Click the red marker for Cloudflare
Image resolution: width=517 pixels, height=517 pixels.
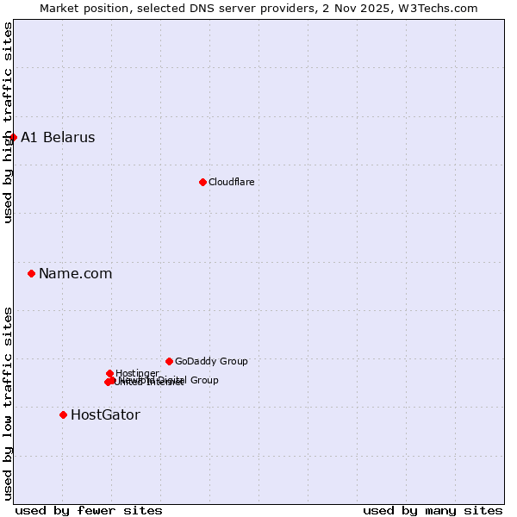[x=202, y=182]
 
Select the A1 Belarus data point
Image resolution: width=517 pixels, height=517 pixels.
[x=13, y=137]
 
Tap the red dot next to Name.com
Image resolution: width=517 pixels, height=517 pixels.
[x=32, y=273]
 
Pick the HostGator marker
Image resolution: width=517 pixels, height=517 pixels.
[x=63, y=414]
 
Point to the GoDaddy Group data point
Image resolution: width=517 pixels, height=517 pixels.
[x=169, y=361]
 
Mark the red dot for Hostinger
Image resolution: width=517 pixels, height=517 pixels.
[x=109, y=373]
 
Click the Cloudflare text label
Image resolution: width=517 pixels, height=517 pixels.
[x=231, y=182]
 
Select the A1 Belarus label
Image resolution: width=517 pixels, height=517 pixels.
[x=58, y=137]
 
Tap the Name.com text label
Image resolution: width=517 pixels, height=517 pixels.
[x=75, y=273]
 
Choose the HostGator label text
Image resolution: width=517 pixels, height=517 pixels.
[x=105, y=414]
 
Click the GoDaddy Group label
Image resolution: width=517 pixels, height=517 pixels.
[x=211, y=361]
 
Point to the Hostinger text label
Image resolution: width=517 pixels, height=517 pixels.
[x=137, y=373]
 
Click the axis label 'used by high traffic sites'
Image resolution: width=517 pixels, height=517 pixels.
[x=8, y=122]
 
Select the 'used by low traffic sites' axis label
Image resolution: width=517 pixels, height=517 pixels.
[x=8, y=403]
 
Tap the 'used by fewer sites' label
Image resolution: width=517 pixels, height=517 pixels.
[x=89, y=510]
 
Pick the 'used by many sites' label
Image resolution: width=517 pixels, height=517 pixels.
[x=433, y=510]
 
